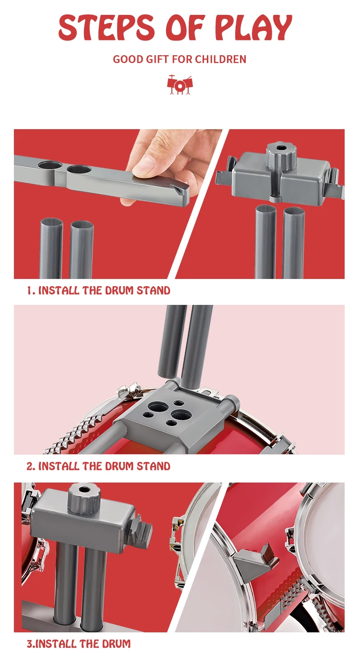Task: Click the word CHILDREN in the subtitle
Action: pos(221,59)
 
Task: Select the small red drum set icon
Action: pos(180,85)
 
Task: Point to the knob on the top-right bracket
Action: pos(281,153)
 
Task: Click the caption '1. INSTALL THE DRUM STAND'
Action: pos(98,290)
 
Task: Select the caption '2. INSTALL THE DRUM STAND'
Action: pos(98,466)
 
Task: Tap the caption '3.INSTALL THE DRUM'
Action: pos(79,643)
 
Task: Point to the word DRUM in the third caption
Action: pos(118,643)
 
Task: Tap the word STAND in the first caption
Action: pos(154,290)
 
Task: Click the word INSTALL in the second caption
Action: pos(59,466)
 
